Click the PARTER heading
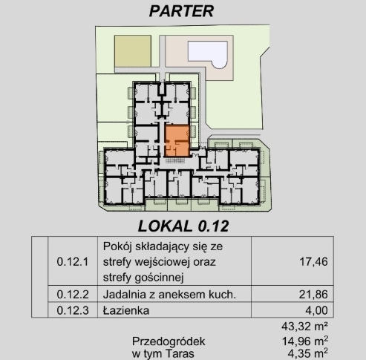[x=181, y=11]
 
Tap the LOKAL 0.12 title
[x=183, y=226]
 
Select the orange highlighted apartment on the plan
[x=177, y=141]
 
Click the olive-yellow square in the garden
[x=133, y=51]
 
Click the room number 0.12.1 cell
[x=73, y=261]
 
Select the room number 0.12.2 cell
[x=73, y=295]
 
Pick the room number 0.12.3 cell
[x=73, y=310]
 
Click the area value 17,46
[x=313, y=261]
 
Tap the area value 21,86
[x=313, y=295]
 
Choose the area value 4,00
[x=316, y=310]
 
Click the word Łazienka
[x=126, y=310]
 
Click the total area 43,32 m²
[x=304, y=327]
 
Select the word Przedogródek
[x=169, y=341]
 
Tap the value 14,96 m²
[x=305, y=341]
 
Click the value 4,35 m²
[x=308, y=353]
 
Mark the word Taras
[x=180, y=353]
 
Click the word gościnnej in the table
[x=159, y=278]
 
